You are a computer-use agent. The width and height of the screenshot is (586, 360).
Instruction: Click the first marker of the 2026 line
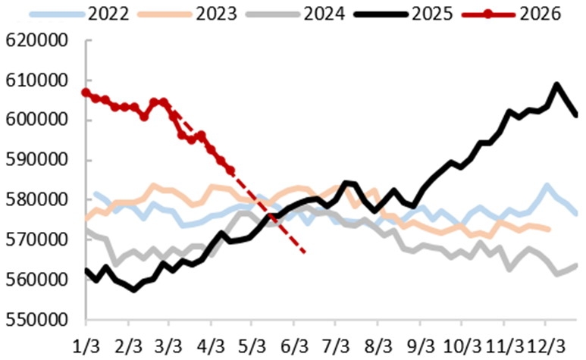[86, 92]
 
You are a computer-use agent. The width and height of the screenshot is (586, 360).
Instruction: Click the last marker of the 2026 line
[230, 170]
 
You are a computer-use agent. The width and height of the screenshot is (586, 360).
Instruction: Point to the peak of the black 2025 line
[557, 85]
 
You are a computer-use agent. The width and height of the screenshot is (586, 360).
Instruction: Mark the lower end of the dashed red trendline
[305, 252]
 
